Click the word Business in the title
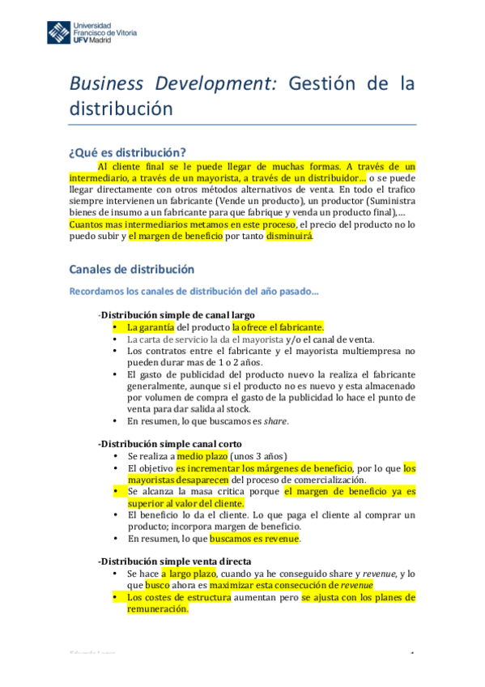click(x=104, y=83)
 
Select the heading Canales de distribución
click(x=131, y=269)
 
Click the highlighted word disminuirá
click(x=288, y=237)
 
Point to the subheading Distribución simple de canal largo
click(x=176, y=314)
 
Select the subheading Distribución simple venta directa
click(x=173, y=561)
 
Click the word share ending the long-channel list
click(x=276, y=421)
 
